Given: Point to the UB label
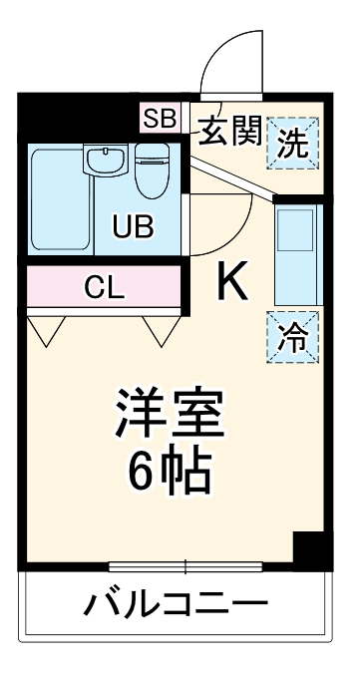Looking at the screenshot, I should point(133,226).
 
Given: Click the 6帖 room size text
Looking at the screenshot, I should point(169,475).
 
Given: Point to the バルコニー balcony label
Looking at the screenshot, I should point(178,605).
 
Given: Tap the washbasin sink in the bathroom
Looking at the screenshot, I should point(103,162).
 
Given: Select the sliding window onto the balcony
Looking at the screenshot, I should point(185,567).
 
